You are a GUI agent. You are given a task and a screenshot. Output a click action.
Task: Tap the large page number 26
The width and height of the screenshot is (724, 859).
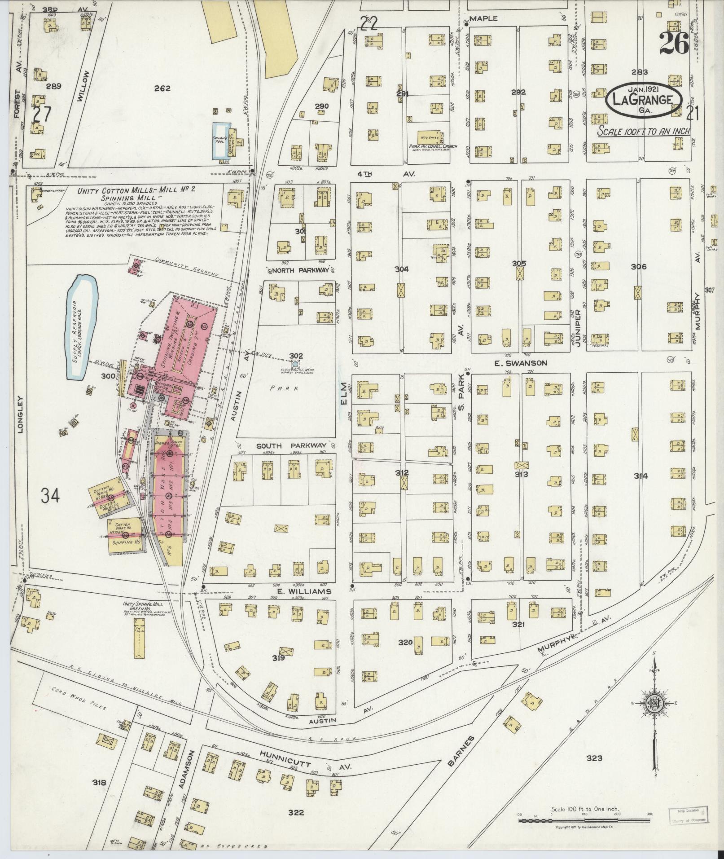[x=674, y=44]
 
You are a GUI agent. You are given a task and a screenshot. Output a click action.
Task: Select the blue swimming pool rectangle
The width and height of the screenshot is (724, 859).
[x=218, y=140]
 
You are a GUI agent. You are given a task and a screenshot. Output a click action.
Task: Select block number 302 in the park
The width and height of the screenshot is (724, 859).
[x=296, y=355]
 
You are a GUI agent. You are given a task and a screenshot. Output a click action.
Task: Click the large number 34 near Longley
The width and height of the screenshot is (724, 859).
[x=50, y=496]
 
